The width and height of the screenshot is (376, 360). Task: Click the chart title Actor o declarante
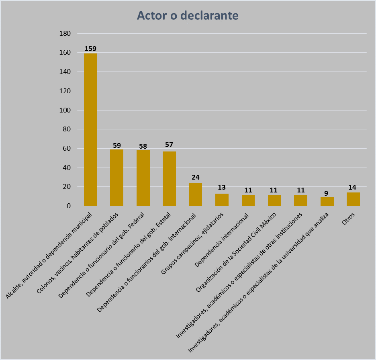[x=188, y=15]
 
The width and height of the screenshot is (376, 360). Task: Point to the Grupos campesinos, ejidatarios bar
[x=222, y=200]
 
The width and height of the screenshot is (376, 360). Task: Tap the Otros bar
[x=353, y=199]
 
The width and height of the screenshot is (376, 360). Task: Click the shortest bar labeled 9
[x=327, y=202]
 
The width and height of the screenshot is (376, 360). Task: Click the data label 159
[x=90, y=49]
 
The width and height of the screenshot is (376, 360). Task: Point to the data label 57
[x=169, y=145]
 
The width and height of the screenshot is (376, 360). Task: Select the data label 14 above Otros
[x=352, y=187]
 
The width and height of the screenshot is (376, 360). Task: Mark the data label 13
[x=222, y=188]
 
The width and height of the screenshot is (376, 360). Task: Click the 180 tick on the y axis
[x=65, y=33]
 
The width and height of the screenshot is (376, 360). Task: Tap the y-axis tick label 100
[x=65, y=110]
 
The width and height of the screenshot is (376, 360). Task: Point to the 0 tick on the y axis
[x=69, y=206]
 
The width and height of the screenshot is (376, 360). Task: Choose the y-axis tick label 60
[x=67, y=149]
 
